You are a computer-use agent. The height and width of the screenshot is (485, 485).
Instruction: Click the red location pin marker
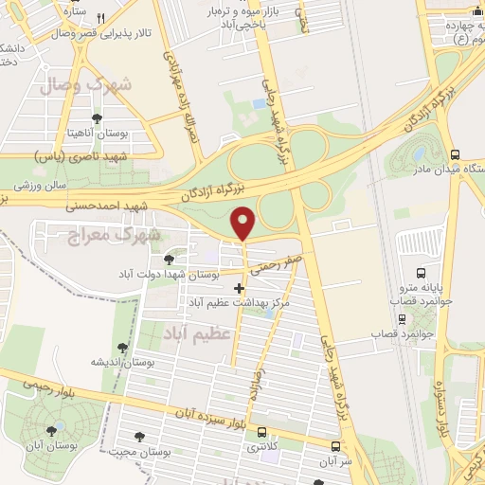pos(244,222)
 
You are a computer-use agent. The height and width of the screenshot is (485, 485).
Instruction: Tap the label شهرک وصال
pos(87,85)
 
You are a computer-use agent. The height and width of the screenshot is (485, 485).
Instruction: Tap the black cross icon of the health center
pos(238,288)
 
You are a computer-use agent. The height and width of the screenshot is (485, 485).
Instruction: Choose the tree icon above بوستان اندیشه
pos(121,349)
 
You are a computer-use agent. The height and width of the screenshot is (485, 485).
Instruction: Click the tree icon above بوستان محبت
pos(139,437)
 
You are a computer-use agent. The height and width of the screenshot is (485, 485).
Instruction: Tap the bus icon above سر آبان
pos(337,445)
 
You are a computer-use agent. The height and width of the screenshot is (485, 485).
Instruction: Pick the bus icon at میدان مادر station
pos(457,155)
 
